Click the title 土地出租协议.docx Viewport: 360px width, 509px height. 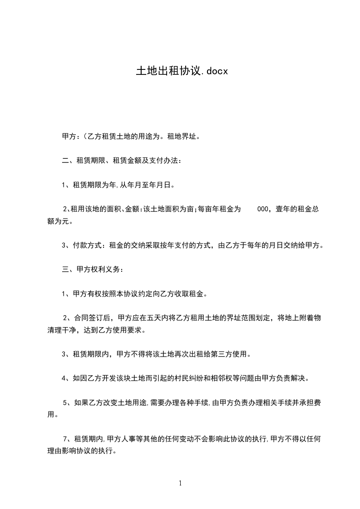182,71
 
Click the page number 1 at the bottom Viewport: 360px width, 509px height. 180,483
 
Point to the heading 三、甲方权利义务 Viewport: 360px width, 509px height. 93,269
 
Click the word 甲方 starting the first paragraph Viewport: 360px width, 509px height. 69,136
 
